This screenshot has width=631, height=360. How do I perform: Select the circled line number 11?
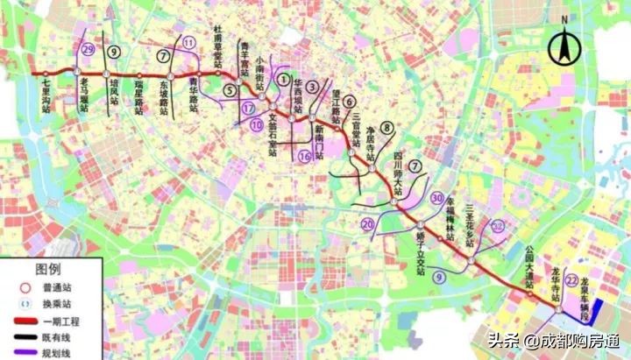(190, 42)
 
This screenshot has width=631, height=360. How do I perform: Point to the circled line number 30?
(437, 198)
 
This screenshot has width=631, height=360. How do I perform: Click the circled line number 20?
(369, 226)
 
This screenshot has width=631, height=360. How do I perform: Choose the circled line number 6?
(349, 101)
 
